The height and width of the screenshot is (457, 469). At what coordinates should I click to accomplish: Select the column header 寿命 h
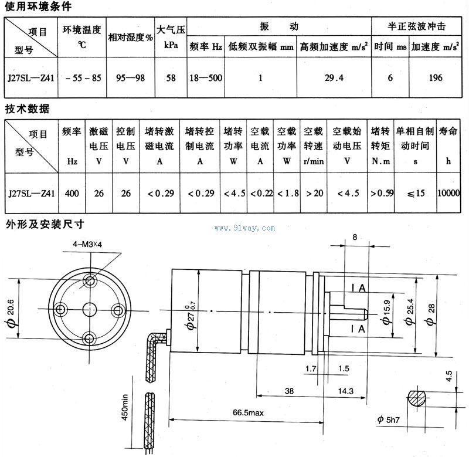coord(448,145)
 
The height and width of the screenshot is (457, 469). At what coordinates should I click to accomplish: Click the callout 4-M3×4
coord(87,242)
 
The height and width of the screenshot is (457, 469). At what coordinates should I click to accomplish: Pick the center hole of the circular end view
coord(89,309)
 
